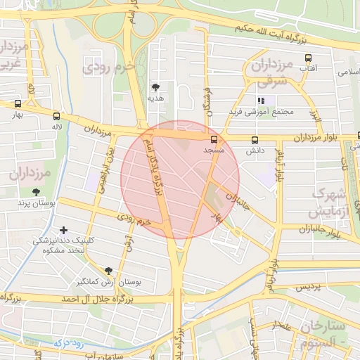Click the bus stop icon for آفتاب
point(308,58)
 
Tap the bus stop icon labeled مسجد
point(214,139)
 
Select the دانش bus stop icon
point(254,139)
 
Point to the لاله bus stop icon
point(56,116)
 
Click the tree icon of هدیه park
point(155,87)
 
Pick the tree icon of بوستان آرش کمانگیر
point(108,271)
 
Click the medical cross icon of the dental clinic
point(64,230)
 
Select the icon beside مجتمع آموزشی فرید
point(262,101)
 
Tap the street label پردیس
point(307,288)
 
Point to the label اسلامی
point(348,72)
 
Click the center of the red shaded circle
point(181,179)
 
